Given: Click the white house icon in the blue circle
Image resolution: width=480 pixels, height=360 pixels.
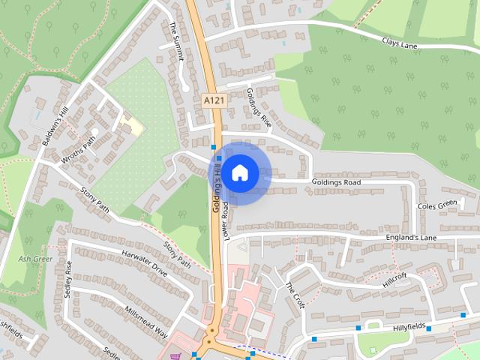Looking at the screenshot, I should [x=239, y=173].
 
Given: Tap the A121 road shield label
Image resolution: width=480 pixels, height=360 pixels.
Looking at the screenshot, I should [x=214, y=98].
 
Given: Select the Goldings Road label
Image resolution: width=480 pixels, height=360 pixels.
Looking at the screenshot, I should [x=337, y=182].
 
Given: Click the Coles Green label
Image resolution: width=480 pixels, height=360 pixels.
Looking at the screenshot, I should [x=436, y=204].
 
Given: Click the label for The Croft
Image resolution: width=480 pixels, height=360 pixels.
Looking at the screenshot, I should [x=295, y=295].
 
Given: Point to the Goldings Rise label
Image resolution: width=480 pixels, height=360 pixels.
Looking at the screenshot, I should [x=258, y=109].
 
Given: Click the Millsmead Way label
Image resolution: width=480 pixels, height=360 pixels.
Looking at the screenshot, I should [x=146, y=322].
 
